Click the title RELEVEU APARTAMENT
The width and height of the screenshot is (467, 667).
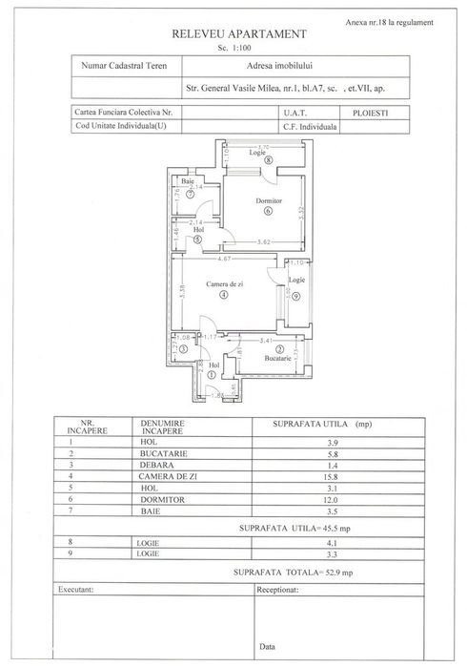238,32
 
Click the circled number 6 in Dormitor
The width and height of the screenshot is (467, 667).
269,212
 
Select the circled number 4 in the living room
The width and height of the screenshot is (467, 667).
223,296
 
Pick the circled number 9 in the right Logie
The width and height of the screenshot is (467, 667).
296,297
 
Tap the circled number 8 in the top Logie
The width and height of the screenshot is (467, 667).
270,160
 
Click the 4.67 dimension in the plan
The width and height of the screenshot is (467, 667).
225,259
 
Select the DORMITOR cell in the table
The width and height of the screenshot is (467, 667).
165,499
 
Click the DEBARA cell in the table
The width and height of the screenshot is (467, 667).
157,465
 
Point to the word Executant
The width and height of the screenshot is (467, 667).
78,590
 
